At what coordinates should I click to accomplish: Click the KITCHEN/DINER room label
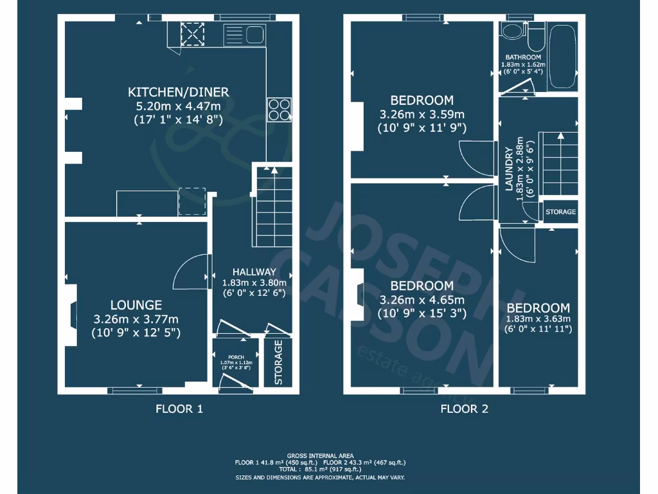point(178,92)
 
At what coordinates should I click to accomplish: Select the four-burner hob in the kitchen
point(279,109)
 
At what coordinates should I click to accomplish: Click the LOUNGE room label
point(136,305)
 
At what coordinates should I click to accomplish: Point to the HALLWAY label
point(254,271)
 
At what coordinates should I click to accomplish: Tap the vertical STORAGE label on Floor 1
point(278,362)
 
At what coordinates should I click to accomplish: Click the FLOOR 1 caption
point(179,408)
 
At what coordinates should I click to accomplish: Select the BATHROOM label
point(523,57)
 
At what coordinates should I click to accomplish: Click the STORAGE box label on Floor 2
point(560,212)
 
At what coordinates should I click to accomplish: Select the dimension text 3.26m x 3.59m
point(422,114)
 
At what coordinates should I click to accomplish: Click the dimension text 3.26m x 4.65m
point(422,300)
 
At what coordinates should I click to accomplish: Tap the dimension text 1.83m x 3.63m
point(538,319)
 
